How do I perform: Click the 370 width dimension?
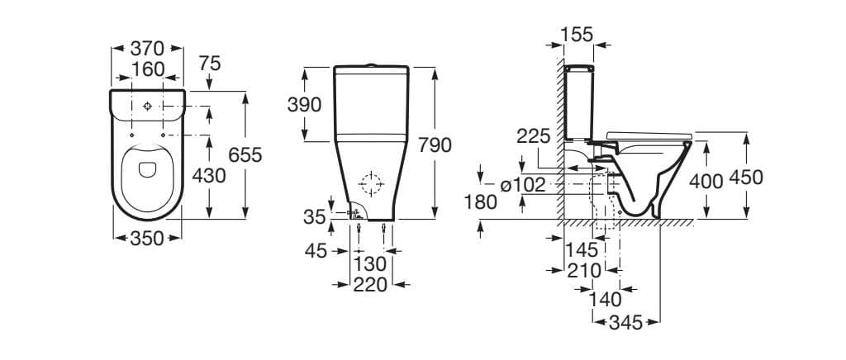click(147, 49)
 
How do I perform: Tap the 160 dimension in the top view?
click(147, 69)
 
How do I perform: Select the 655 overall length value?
click(245, 155)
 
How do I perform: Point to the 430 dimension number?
click(209, 176)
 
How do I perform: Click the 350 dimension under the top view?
click(147, 238)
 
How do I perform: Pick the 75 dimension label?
click(209, 64)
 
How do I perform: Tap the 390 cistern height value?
click(304, 105)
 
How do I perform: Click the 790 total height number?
click(435, 145)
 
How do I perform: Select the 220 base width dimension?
click(371, 285)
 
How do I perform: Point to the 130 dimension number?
click(371, 264)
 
